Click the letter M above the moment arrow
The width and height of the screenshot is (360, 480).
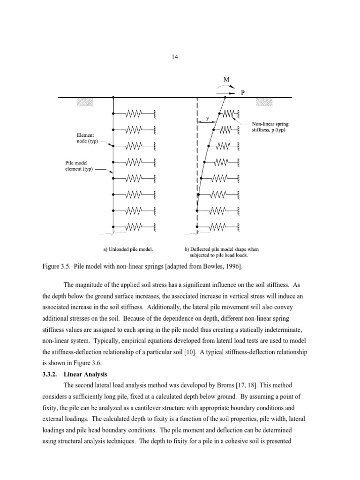tap(226, 80)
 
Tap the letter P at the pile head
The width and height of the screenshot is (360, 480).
tap(242, 93)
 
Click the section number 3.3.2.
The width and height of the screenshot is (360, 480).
tap(52, 374)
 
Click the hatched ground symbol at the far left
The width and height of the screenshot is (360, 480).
tap(84, 102)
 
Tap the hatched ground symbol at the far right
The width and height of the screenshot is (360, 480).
tap(263, 102)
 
